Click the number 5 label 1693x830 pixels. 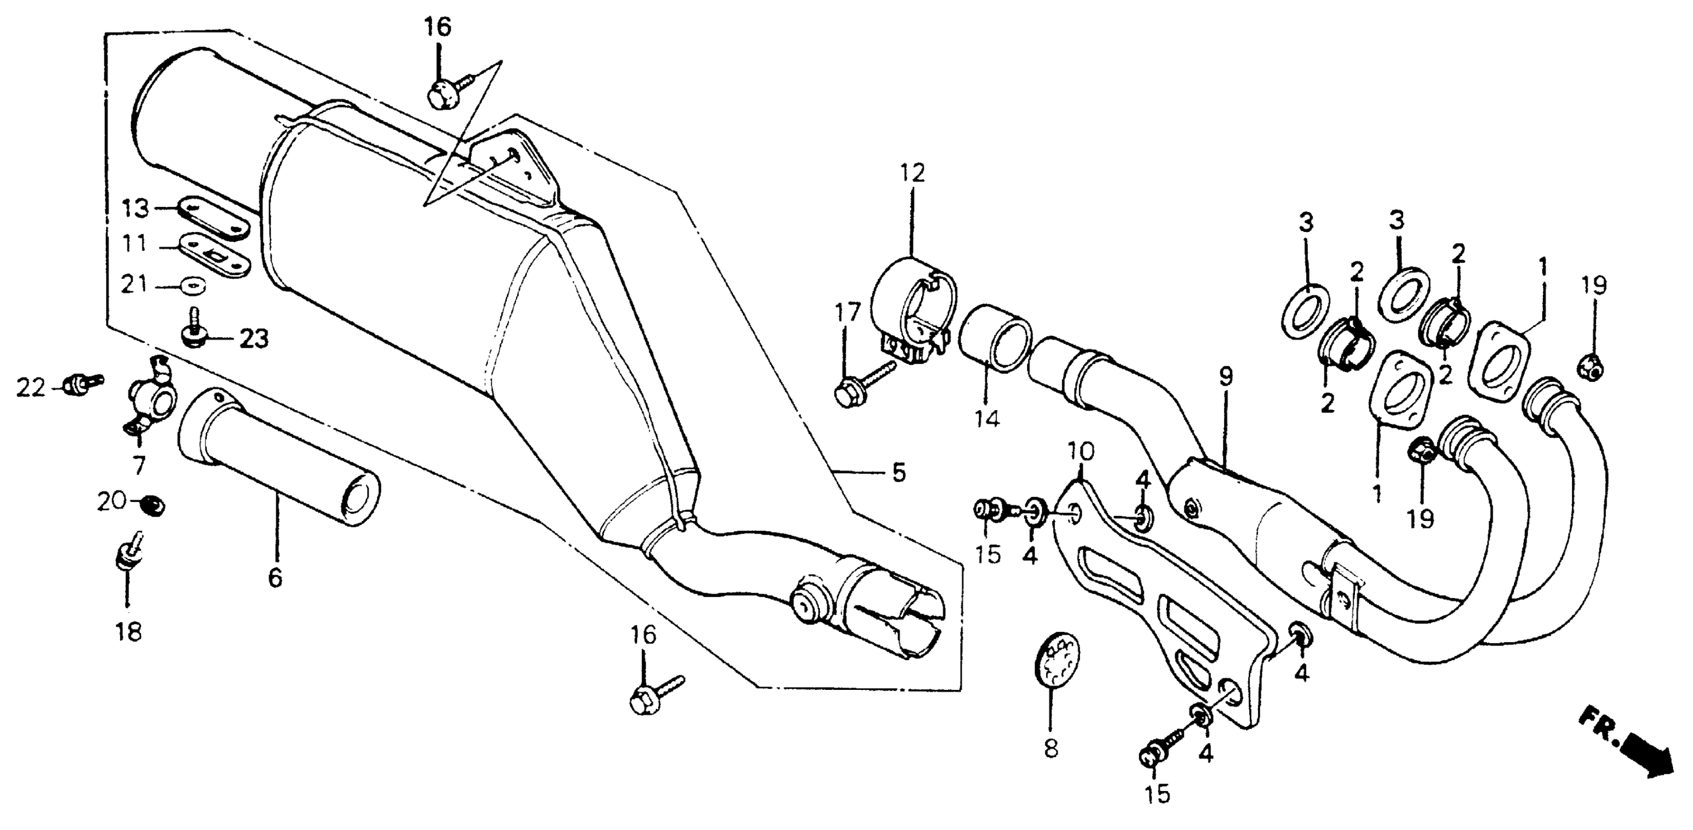coord(898,472)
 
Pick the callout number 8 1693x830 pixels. coord(1051,748)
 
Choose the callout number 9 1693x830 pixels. coord(1226,376)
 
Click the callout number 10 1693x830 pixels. coord(1081,452)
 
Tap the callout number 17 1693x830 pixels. coord(847,312)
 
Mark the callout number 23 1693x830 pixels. coord(254,339)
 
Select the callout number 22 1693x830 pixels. coord(30,389)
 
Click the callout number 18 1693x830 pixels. coord(129,632)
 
